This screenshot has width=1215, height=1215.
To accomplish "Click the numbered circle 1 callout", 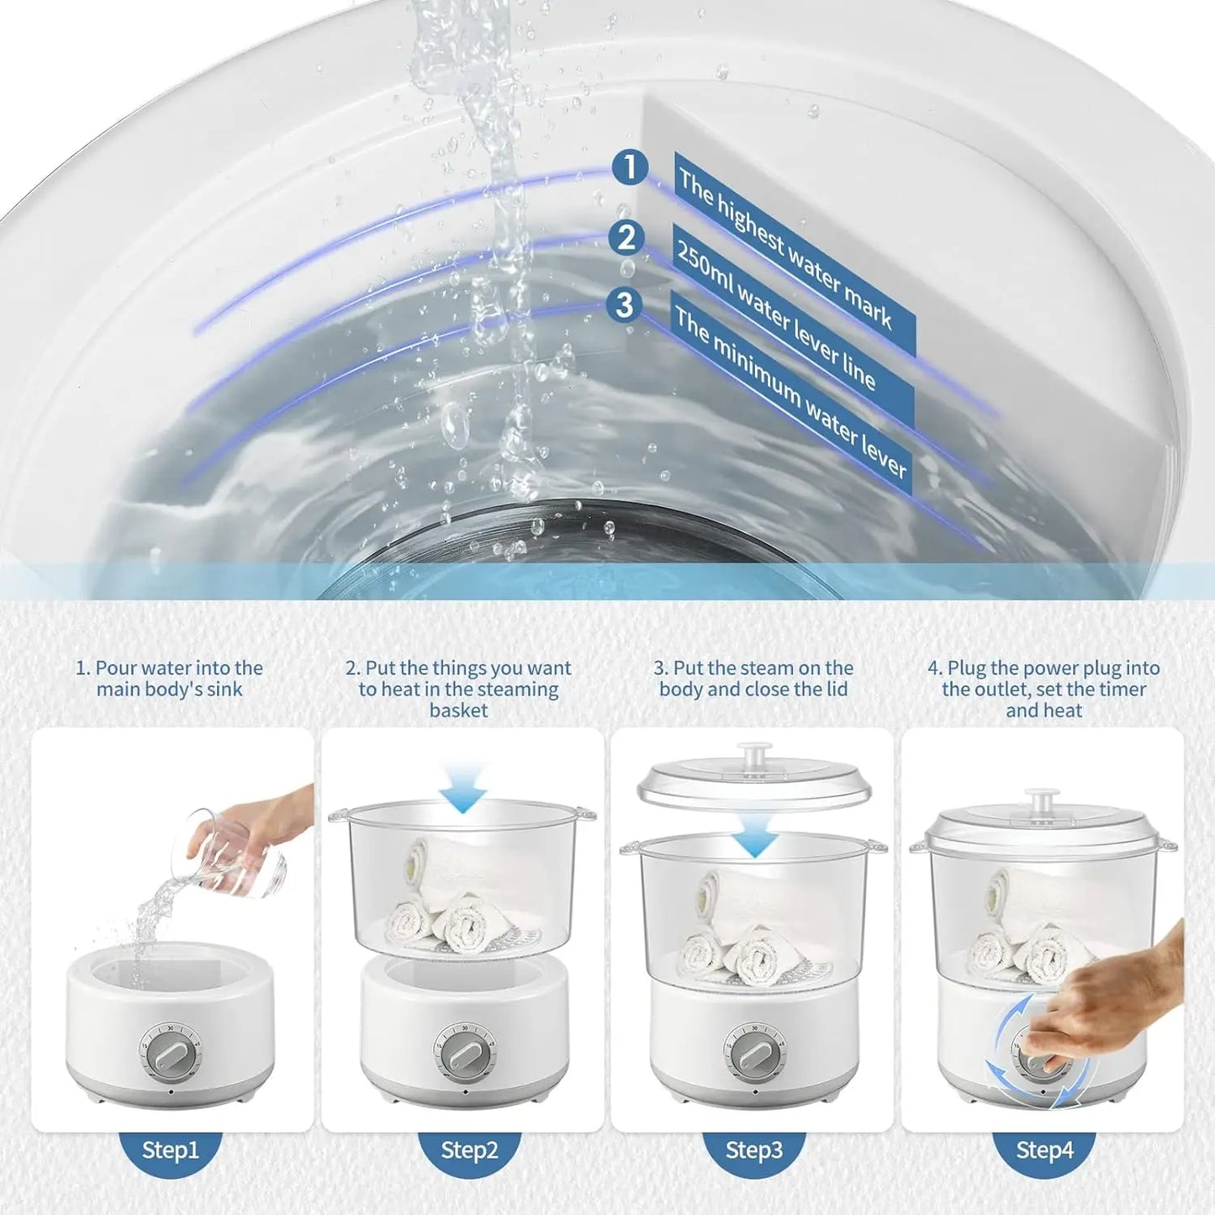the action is [629, 167].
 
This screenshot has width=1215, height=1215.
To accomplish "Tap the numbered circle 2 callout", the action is [626, 238].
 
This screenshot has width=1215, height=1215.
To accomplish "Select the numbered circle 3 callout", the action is [625, 305].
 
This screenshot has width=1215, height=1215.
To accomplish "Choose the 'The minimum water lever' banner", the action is [793, 392].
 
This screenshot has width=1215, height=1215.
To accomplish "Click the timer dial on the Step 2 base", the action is [464, 1054].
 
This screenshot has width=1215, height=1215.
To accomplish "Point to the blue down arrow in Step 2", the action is [462, 787].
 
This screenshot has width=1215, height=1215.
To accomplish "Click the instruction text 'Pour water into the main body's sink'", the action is [170, 679].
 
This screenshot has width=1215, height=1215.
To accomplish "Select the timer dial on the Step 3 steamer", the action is [754, 1054].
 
